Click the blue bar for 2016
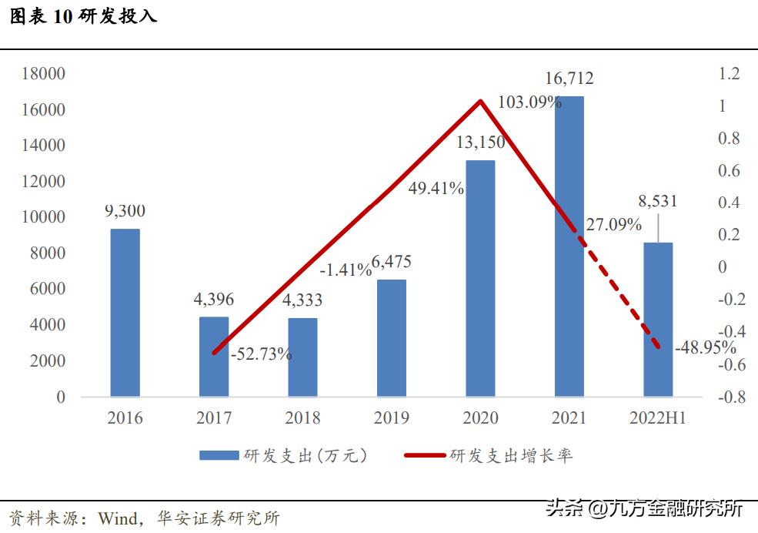(125, 313)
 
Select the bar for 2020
(480, 278)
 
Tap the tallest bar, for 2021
(569, 246)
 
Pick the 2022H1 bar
(658, 320)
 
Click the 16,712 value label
(569, 79)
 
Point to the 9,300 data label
(125, 211)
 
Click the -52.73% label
(261, 354)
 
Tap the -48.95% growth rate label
(705, 347)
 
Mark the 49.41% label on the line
(436, 188)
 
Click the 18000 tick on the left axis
(43, 74)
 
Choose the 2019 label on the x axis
(392, 419)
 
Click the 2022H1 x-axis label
(658, 419)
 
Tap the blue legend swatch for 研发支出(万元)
(219, 456)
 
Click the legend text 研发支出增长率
(511, 456)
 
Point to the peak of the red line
(480, 101)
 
